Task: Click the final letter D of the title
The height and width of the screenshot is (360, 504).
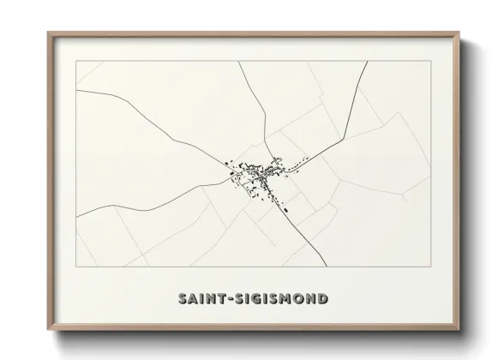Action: pos(322,299)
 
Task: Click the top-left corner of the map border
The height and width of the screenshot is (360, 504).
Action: pos(76,62)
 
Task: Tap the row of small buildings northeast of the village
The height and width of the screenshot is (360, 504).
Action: pos(297,162)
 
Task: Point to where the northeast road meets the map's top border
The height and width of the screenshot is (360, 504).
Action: pos(368,62)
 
